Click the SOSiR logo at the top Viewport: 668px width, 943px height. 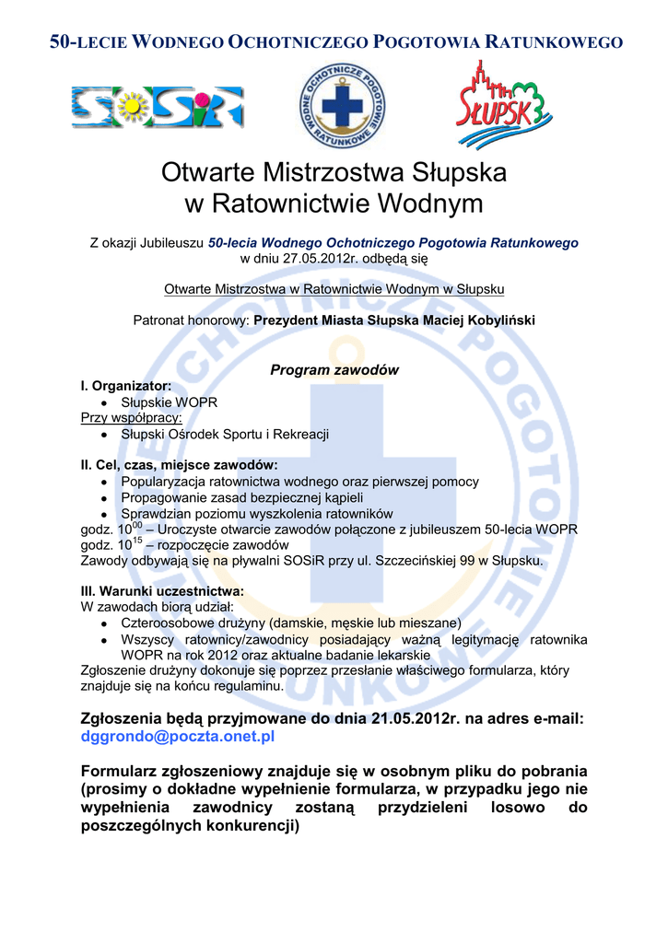coord(158,107)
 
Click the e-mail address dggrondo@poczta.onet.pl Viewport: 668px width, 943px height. coord(179,737)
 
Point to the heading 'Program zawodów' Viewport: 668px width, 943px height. coord(334,370)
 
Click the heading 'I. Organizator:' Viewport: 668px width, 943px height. coord(125,387)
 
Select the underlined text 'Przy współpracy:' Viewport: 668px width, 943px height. coord(132,418)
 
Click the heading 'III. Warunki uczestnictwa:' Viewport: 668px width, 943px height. coord(163,590)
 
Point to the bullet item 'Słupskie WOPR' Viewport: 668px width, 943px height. coord(170,402)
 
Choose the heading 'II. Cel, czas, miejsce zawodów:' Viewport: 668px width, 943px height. coord(179,465)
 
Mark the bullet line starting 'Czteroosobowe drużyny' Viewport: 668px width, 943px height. coord(291,623)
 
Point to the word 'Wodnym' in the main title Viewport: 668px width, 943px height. coord(418,204)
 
